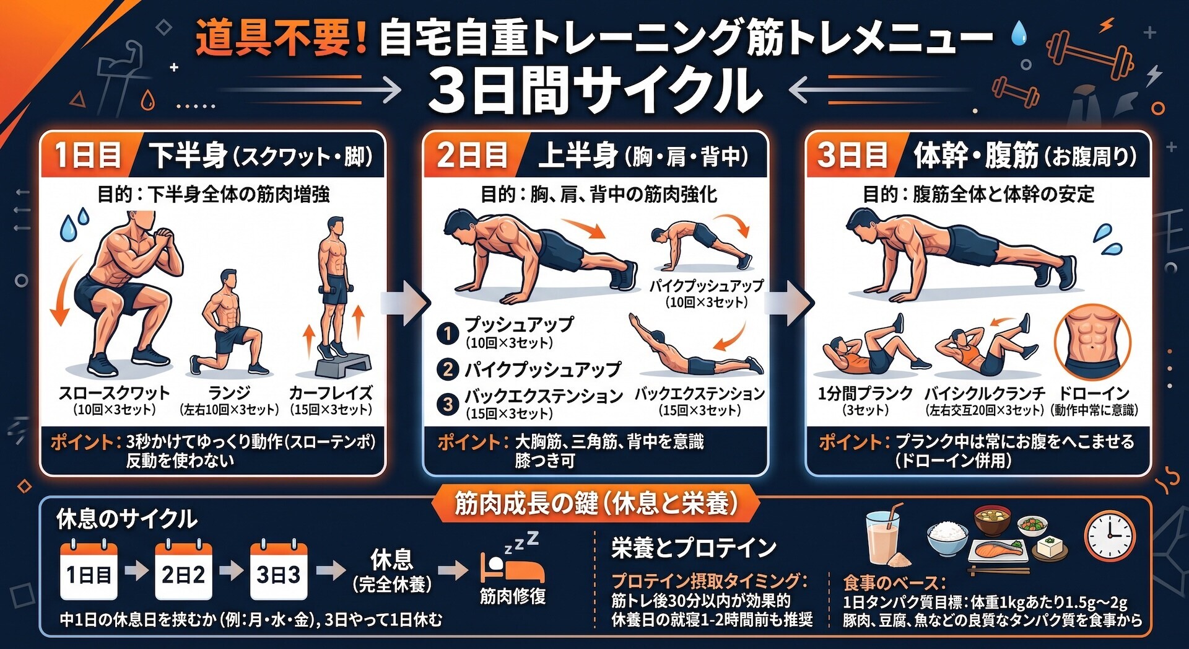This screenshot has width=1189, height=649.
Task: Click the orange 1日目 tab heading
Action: (88, 155)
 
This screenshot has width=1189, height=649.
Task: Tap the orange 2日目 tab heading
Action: (472, 155)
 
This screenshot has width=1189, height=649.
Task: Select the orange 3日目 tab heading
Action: (853, 155)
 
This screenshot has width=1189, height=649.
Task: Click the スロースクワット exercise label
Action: (114, 393)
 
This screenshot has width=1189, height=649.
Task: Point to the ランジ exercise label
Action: (229, 393)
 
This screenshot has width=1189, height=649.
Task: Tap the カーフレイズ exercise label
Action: (331, 393)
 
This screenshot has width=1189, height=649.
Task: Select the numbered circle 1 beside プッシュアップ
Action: (447, 333)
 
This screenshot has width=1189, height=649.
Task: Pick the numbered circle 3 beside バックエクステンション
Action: (447, 404)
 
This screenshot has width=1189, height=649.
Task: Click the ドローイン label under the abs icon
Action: (1094, 393)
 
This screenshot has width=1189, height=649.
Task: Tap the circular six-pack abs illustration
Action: (1093, 341)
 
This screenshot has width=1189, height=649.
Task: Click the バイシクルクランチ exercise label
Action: (985, 393)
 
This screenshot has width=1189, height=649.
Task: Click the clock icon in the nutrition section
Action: (1110, 537)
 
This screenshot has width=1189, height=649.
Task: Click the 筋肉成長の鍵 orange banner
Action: (596, 503)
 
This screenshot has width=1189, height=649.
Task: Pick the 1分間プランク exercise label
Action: (865, 393)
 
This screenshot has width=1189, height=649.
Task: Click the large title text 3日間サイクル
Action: (594, 91)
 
